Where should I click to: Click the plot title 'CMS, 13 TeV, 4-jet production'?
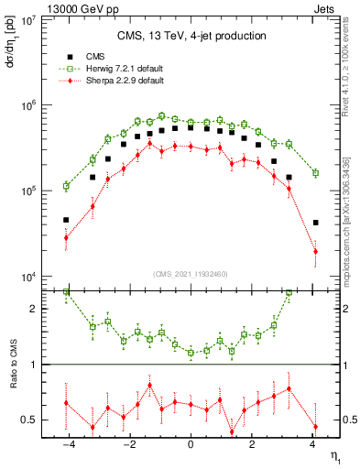191,37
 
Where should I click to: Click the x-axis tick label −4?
68,446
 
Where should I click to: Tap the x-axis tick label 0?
191,446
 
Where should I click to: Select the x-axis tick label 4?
312,446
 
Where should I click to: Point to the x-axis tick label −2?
129,446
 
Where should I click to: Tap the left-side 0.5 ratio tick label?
28,420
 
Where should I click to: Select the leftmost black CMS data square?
66,220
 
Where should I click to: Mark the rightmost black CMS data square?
315,223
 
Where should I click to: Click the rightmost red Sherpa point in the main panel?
315,251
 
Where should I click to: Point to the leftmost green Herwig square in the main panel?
66,186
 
